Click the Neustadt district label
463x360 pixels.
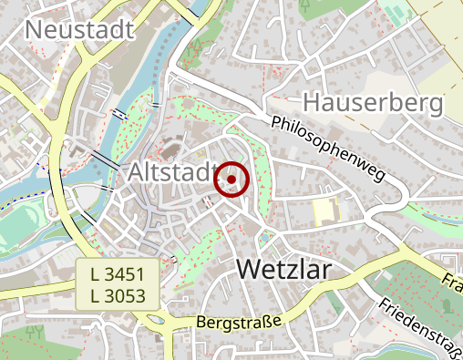coord(80,29)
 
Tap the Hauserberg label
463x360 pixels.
coord(373,102)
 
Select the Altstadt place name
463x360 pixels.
coord(171,172)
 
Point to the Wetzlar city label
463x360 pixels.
coord(283,269)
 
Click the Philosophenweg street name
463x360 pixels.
coord(329,146)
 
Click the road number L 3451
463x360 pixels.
coord(118,273)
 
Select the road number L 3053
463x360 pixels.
coord(118,293)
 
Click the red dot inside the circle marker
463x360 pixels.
coord(231,180)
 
